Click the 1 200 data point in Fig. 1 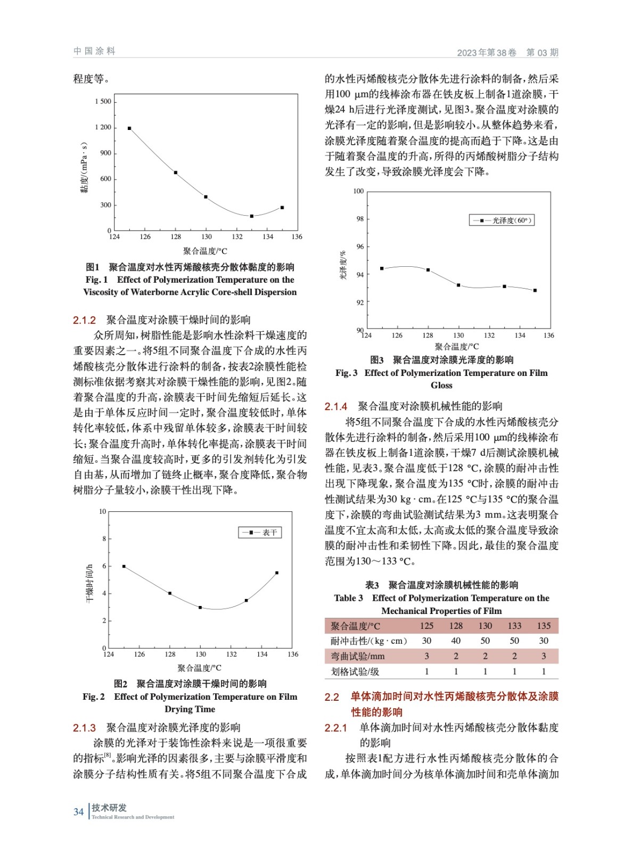tap(129, 128)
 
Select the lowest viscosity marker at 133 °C tap(252, 216)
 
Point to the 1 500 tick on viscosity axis tap(103, 102)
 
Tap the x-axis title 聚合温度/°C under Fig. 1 tap(205, 251)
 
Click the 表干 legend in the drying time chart tap(260, 532)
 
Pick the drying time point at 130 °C tap(200, 608)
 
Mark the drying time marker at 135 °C tap(277, 573)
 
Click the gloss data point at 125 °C tap(382, 268)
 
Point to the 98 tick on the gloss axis tap(360, 219)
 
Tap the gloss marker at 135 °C tap(535, 290)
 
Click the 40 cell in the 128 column tap(456, 641)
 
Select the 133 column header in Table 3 tap(514, 626)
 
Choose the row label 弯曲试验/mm tap(357, 656)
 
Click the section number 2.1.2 tap(84, 320)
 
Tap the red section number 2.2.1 tap(336, 727)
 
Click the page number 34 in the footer tap(79, 812)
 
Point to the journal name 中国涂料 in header tap(94, 51)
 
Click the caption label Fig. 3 tap(347, 373)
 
